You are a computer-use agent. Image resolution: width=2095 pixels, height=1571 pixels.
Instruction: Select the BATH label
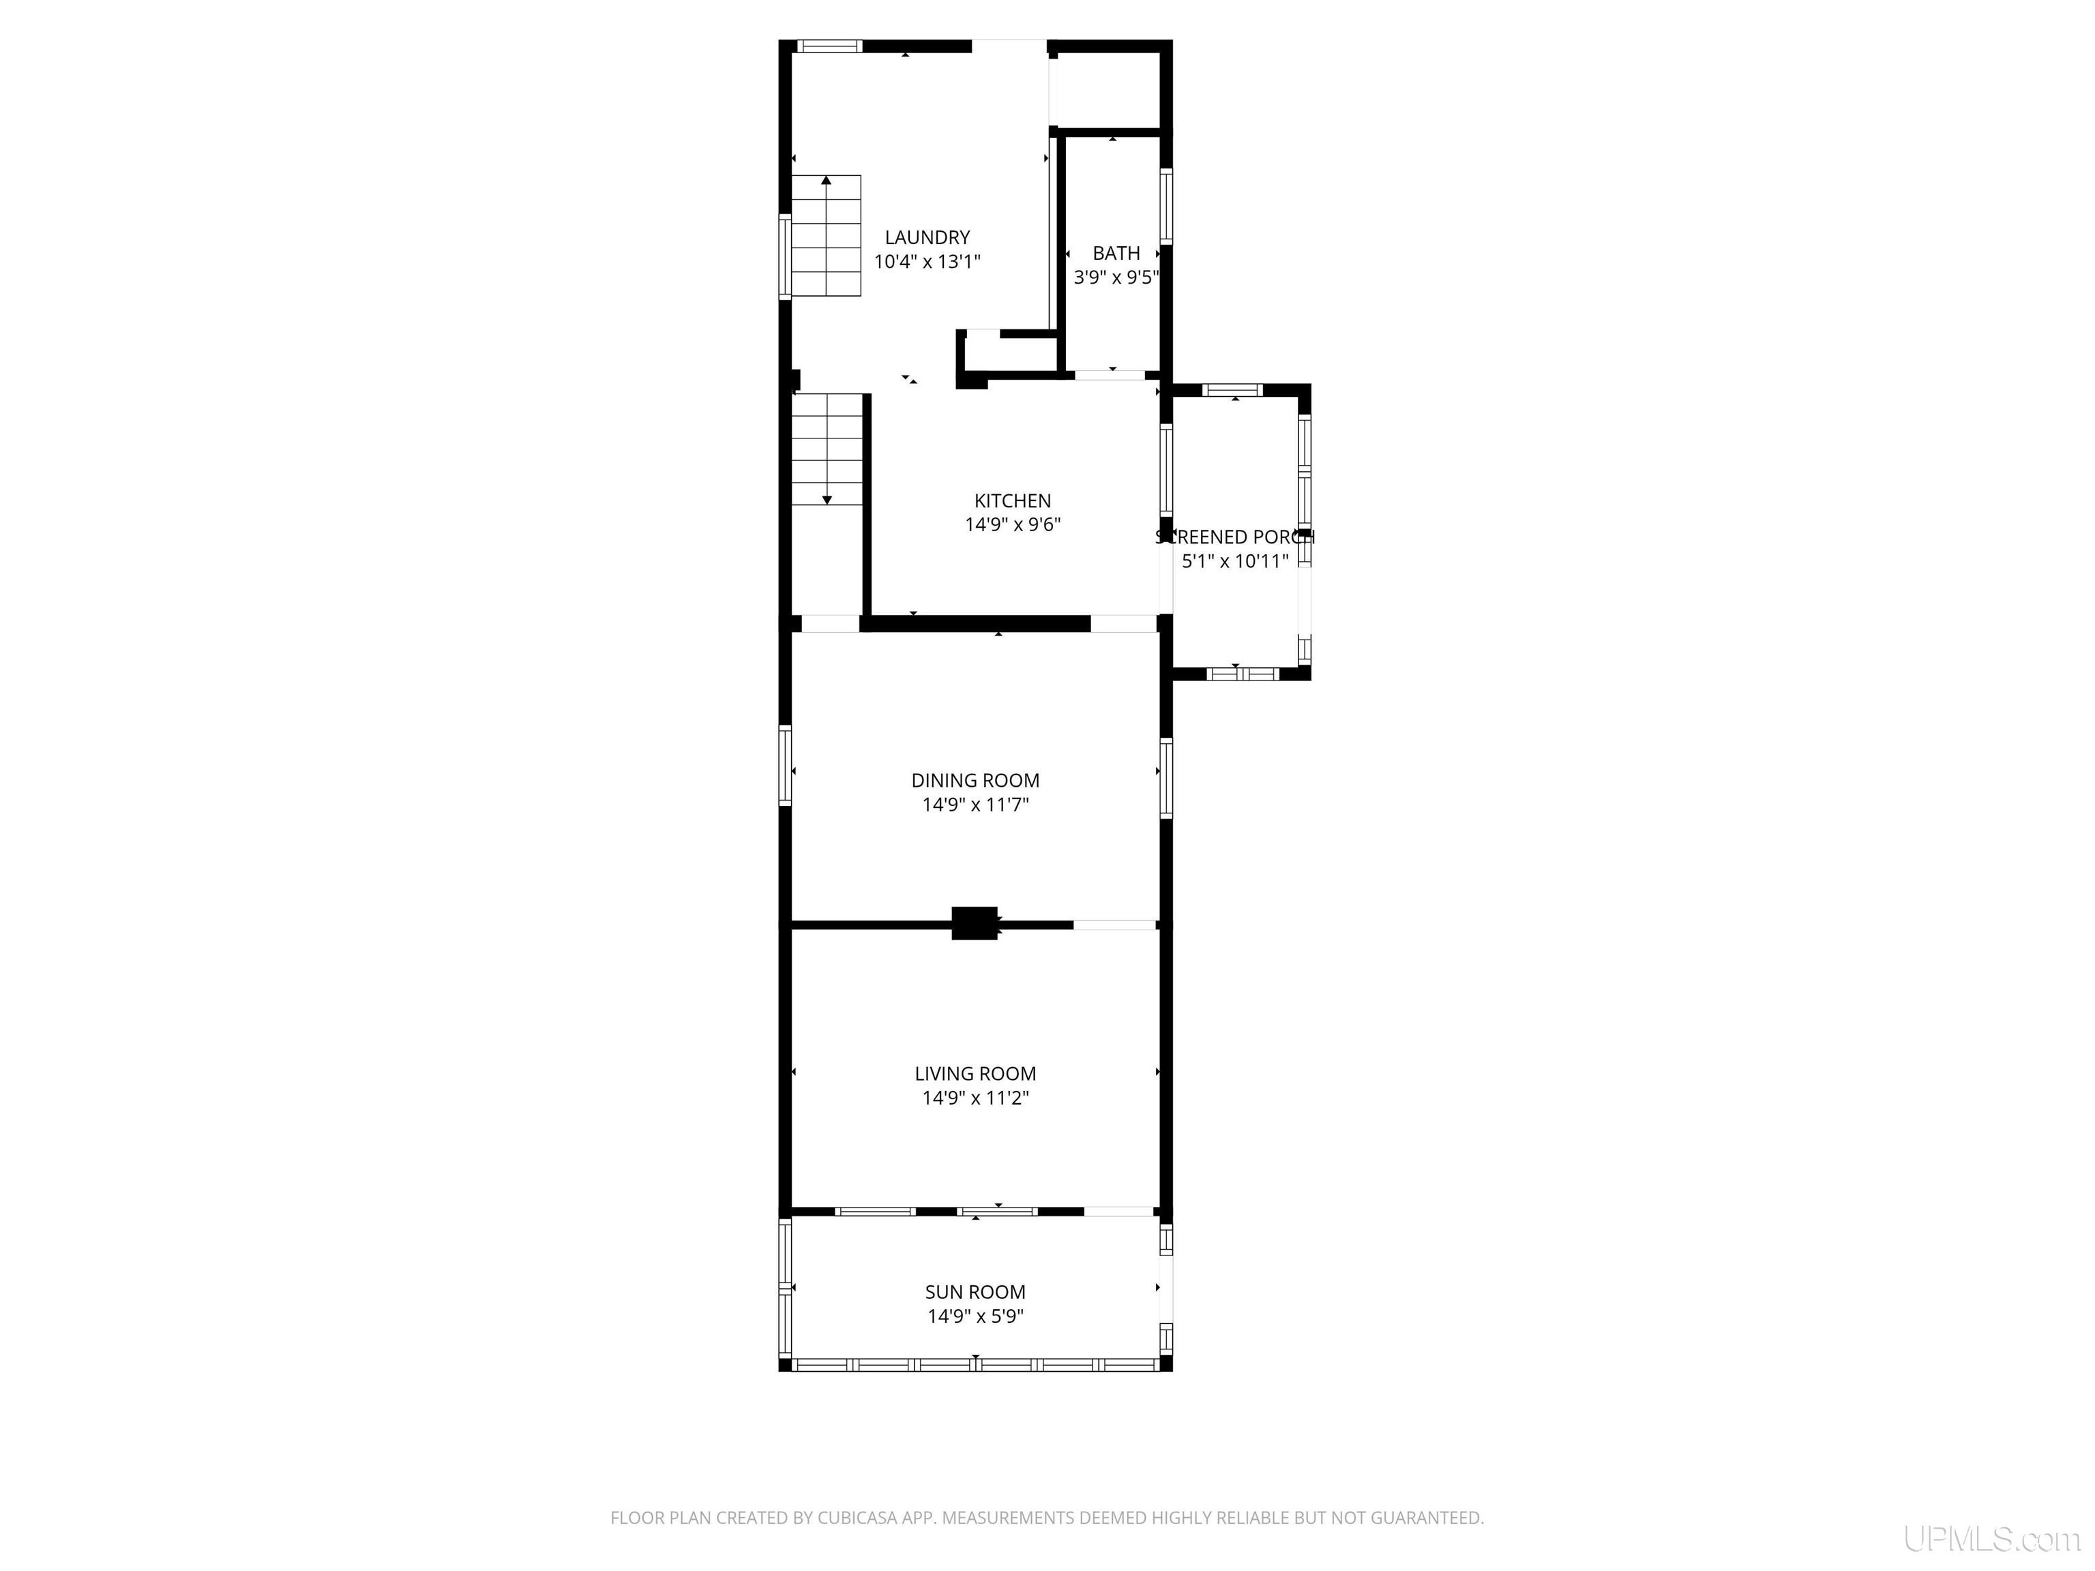pyautogui.click(x=1116, y=253)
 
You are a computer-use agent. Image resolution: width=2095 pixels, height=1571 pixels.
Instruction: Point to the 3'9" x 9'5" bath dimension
pyautogui.click(x=1116, y=278)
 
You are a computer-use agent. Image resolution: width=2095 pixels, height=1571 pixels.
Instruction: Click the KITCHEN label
pyautogui.click(x=1013, y=501)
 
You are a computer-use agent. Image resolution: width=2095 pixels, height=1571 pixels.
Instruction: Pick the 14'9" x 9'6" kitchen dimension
pyautogui.click(x=1013, y=524)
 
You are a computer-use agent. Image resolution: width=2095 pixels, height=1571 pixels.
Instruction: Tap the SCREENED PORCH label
pyautogui.click(x=1234, y=537)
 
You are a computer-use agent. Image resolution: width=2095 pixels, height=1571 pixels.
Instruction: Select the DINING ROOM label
pyautogui.click(x=975, y=780)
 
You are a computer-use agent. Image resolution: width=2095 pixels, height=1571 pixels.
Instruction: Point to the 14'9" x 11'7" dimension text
pyautogui.click(x=975, y=805)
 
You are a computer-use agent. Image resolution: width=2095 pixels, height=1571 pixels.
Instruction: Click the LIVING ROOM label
pyautogui.click(x=975, y=1074)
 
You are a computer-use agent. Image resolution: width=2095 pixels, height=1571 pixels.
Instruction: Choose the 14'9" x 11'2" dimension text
pyautogui.click(x=975, y=1098)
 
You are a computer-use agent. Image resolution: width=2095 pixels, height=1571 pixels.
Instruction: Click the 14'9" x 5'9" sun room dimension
pyautogui.click(x=975, y=1316)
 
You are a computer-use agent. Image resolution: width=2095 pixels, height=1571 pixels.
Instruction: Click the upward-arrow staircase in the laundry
pyautogui.click(x=826, y=236)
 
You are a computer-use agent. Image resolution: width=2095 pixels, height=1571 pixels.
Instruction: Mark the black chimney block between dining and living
pyautogui.click(x=974, y=923)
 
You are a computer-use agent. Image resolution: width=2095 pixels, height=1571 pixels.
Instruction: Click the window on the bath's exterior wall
pyautogui.click(x=1166, y=207)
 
